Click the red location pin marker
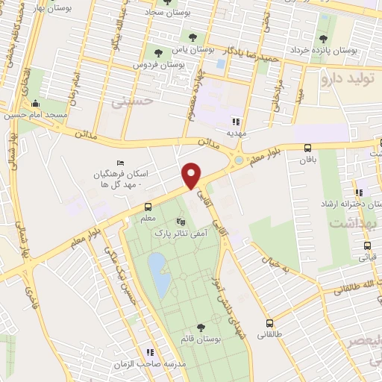click(x=192, y=175)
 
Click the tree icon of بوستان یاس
click(x=157, y=51)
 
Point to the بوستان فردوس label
click(x=160, y=65)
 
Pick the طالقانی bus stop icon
click(x=270, y=323)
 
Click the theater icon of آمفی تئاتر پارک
click(x=179, y=222)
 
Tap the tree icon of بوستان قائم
click(x=200, y=327)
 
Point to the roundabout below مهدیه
click(x=238, y=160)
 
